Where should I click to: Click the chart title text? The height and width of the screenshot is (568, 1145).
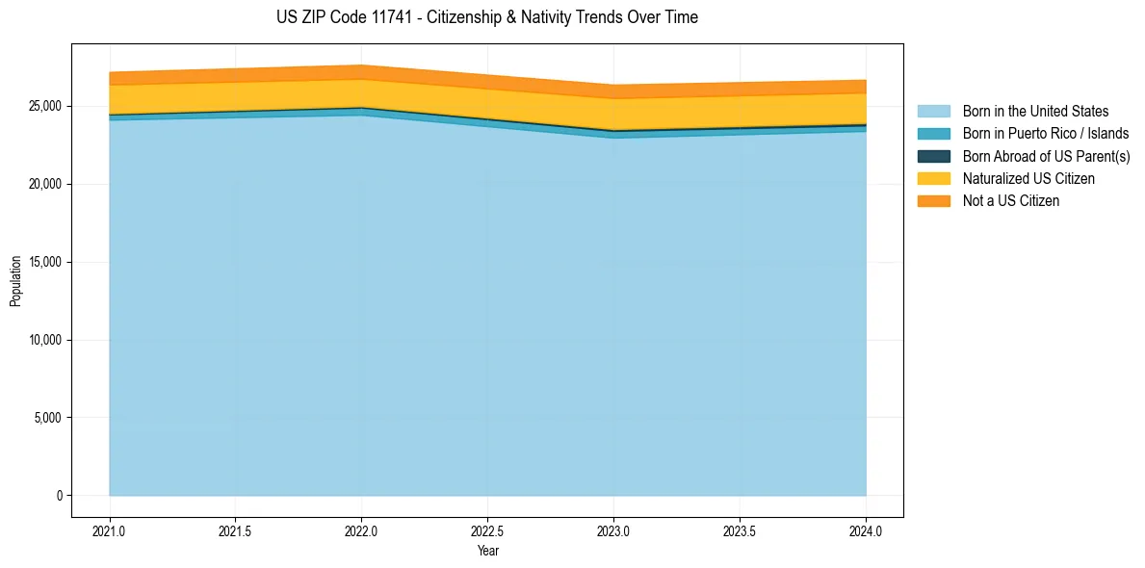click(x=486, y=17)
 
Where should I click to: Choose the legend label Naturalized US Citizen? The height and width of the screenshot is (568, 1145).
click(x=1028, y=178)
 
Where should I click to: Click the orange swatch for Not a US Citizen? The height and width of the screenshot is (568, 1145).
click(x=933, y=201)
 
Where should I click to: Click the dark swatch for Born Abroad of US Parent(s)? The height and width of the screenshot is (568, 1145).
click(x=933, y=156)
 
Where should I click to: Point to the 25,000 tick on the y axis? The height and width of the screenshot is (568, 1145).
click(x=45, y=106)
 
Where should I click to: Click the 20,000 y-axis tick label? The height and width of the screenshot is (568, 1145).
click(x=45, y=184)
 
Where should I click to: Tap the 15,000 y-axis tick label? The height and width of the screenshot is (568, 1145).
click(x=45, y=262)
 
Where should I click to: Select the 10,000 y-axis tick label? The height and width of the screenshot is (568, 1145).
click(x=45, y=340)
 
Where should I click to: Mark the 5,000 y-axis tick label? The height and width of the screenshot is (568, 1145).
click(x=48, y=418)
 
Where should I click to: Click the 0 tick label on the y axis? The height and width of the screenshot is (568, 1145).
click(x=59, y=496)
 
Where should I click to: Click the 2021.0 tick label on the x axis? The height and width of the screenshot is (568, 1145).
click(x=110, y=530)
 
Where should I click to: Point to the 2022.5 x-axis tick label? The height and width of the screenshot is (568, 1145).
click(x=487, y=530)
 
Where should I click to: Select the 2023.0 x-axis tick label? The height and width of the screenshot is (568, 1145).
click(x=613, y=530)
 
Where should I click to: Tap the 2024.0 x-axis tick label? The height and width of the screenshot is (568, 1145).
click(x=866, y=530)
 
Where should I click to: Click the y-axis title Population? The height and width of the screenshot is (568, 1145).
click(x=15, y=281)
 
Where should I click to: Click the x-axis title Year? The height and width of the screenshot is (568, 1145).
click(x=487, y=551)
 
